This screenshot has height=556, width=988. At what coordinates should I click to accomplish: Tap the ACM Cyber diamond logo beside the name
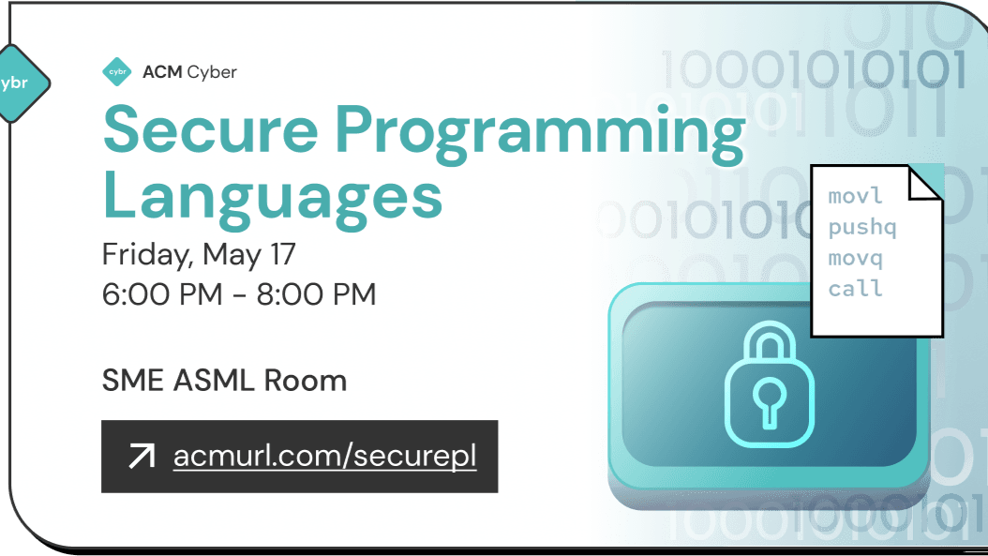click(x=117, y=71)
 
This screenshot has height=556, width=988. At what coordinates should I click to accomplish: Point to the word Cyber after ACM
click(x=212, y=71)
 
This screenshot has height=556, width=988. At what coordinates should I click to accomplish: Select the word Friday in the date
click(x=144, y=255)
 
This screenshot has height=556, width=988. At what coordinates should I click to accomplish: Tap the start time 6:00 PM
click(x=162, y=294)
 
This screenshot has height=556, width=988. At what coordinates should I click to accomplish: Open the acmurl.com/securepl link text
click(x=324, y=457)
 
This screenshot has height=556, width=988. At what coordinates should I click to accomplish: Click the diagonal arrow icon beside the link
click(x=141, y=457)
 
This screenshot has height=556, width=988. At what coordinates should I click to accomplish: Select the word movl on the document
click(x=855, y=197)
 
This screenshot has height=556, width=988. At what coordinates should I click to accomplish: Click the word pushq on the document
click(x=862, y=228)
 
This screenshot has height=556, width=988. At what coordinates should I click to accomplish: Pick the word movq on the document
click(x=855, y=258)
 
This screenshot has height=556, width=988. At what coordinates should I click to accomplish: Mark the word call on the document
click(x=855, y=288)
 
